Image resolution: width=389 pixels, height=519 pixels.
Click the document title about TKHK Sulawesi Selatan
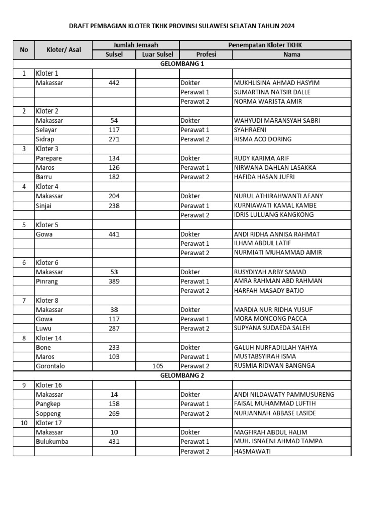pos(181,26)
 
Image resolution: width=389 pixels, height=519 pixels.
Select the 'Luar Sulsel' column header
pos(158,54)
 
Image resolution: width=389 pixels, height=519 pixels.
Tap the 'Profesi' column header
pos(206,54)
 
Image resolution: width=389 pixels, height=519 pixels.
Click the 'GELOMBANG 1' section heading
pos(182,64)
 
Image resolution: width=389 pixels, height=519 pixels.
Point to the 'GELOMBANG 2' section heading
pos(182,376)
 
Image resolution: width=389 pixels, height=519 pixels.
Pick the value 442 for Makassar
pos(114,83)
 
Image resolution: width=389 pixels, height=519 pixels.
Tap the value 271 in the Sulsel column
pos(114,139)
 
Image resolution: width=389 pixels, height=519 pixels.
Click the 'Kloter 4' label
pos(47,187)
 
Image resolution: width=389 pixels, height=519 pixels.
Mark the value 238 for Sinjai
pos(114,206)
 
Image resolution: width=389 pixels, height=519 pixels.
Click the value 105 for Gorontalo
pos(158,366)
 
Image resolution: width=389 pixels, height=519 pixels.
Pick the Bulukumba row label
pos(52,442)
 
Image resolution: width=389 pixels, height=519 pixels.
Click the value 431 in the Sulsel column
pos(114,442)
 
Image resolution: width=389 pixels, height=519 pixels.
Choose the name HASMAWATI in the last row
pos(252,451)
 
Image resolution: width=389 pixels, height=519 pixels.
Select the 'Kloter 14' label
pos(49,338)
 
